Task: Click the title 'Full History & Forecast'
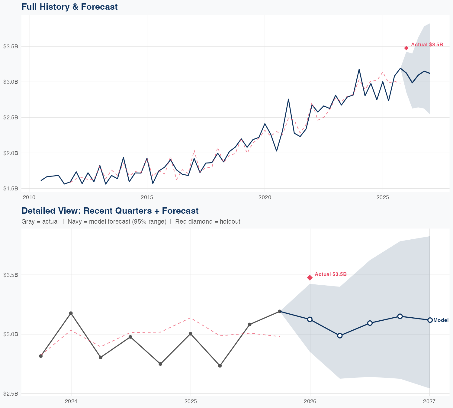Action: [69, 7]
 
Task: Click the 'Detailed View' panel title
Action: [110, 211]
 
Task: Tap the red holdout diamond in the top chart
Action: [406, 48]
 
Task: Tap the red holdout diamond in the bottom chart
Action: [310, 277]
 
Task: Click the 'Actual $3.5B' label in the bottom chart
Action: [331, 274]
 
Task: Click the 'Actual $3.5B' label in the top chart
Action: [427, 44]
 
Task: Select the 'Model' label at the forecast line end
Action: [441, 320]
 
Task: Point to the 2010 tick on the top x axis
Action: [29, 197]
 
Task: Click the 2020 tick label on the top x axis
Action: [265, 197]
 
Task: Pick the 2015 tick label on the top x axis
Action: [147, 197]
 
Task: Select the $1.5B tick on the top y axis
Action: [11, 189]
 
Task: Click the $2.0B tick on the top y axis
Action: [11, 153]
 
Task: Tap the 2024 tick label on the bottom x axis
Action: [71, 401]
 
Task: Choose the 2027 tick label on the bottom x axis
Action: [429, 401]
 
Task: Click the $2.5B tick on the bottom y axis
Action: [11, 393]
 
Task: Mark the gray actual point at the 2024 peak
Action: [71, 313]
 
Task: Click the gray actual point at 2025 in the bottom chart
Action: [191, 334]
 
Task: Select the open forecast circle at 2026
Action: [310, 319]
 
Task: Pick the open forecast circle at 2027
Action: [430, 320]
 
